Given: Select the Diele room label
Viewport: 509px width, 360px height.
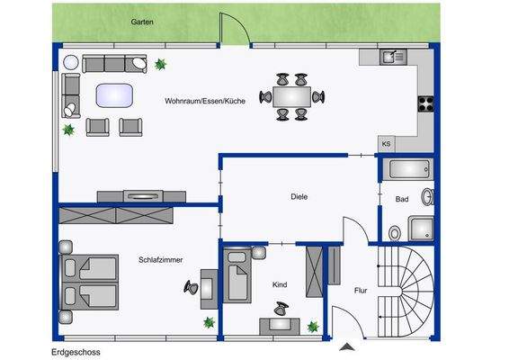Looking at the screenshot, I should coord(299,196).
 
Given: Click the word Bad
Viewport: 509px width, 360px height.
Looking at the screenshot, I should coord(402,198).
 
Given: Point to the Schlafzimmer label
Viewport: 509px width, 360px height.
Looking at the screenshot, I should coord(161,259).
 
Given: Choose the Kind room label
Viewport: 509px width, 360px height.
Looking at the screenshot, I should coord(280,284).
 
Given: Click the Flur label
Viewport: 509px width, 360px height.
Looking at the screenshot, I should coord(361,291).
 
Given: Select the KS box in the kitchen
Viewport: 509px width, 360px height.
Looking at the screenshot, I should coord(386,143).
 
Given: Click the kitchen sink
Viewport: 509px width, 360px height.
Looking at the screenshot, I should coord(392,58).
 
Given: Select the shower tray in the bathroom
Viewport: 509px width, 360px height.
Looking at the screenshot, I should coord(421,229).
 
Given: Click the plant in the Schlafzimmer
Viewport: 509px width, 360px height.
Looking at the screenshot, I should coord(209,322).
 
